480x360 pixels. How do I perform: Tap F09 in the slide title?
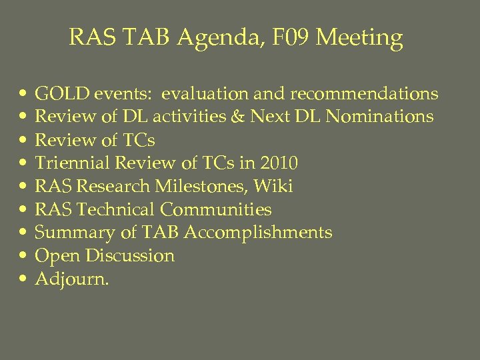[x=286, y=37]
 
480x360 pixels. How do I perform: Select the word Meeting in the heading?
[x=359, y=38]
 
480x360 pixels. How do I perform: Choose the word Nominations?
[x=375, y=117]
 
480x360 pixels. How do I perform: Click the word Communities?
[x=215, y=210]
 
